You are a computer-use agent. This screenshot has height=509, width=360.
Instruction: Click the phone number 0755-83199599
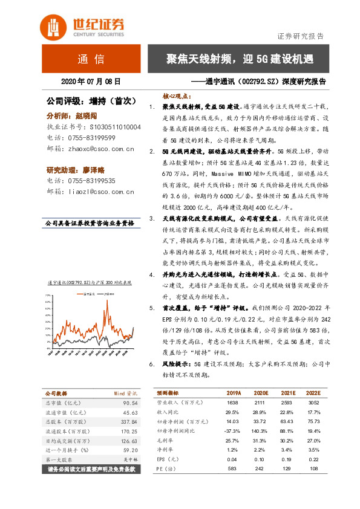91,138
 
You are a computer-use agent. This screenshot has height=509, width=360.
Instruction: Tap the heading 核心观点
177,96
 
